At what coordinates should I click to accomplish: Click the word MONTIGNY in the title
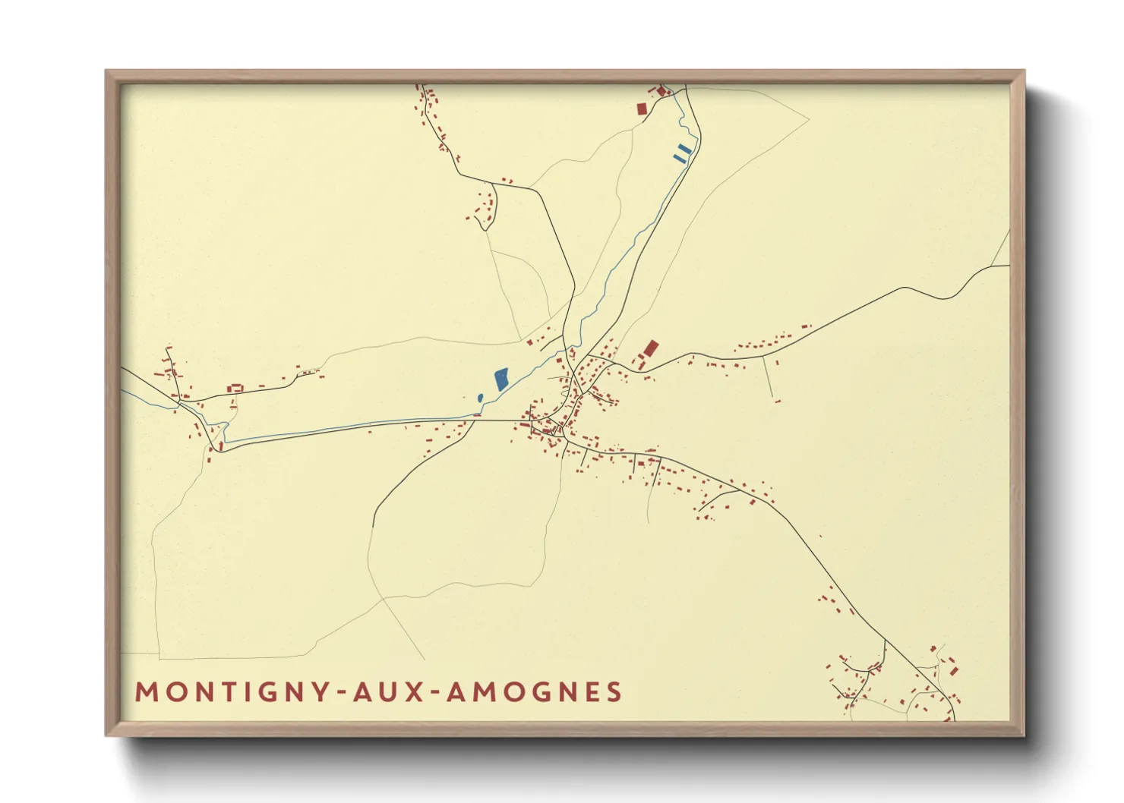[232, 692]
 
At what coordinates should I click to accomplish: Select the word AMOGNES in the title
[534, 692]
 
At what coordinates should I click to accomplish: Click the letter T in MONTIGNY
[228, 692]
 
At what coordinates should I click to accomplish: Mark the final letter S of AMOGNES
[614, 692]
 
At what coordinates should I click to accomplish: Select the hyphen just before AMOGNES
[434, 693]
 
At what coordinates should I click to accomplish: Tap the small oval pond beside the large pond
[480, 398]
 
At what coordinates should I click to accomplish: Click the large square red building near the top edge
[642, 109]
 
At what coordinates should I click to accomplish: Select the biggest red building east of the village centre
[650, 348]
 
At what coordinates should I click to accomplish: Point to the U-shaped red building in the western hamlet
[235, 389]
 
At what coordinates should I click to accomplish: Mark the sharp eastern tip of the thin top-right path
[809, 118]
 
